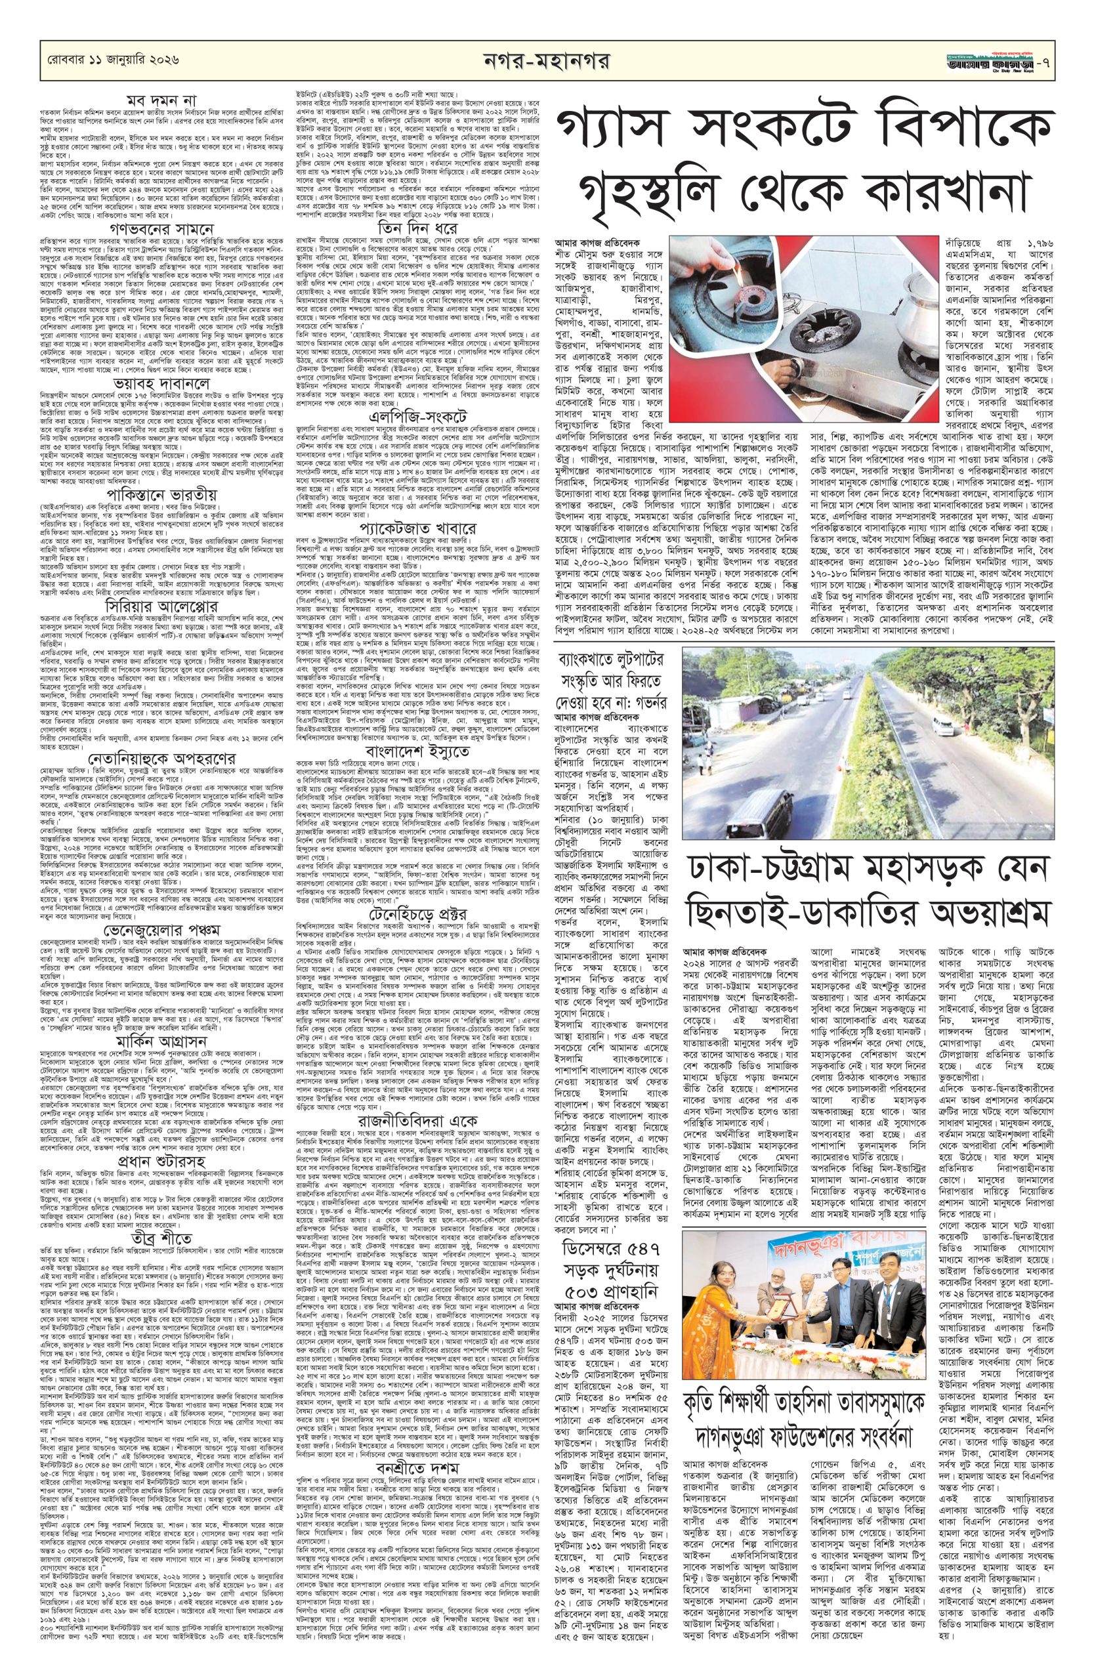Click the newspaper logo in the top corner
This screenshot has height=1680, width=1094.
click(x=1016, y=60)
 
